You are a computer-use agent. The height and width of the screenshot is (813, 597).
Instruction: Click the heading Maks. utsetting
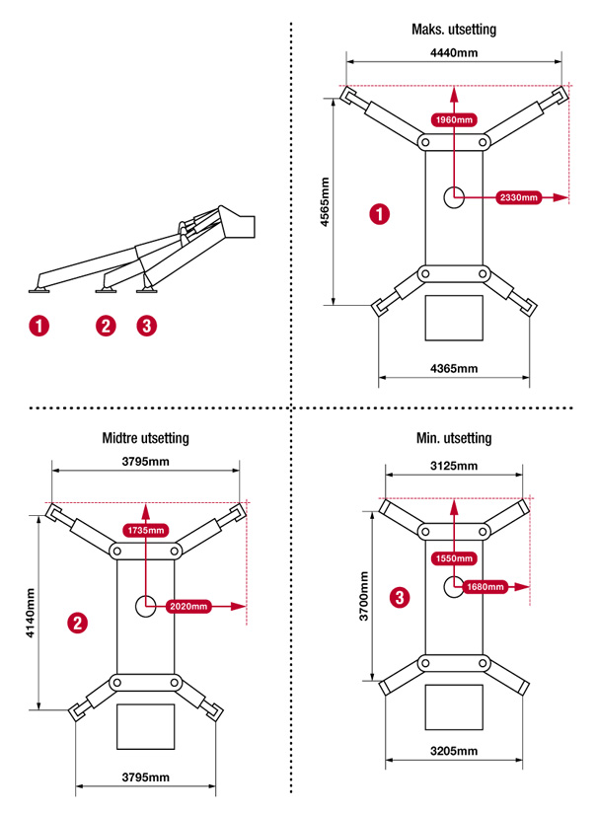[453, 30]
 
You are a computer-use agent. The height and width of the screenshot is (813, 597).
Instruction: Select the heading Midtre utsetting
[145, 438]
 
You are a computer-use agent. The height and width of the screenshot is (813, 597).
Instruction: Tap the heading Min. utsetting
[454, 438]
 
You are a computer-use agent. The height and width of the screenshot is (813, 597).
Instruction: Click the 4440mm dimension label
[453, 52]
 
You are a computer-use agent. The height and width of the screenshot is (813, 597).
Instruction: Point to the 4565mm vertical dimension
[326, 201]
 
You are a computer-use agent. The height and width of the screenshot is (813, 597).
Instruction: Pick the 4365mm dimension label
[453, 368]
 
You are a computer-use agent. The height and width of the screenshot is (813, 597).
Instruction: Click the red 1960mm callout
[453, 119]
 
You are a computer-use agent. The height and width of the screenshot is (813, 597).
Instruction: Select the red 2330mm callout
[518, 197]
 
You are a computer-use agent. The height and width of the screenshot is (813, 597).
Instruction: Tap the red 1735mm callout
[145, 530]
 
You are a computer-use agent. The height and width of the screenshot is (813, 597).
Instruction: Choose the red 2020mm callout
[187, 606]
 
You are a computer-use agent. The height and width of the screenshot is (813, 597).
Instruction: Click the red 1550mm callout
[453, 558]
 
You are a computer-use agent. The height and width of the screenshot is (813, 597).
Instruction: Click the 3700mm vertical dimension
[363, 596]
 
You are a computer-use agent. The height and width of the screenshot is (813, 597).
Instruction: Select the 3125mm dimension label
[453, 466]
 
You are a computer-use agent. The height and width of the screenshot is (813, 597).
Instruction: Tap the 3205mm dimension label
[453, 751]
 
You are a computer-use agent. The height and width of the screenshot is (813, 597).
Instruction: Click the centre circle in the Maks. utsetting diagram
[455, 197]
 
